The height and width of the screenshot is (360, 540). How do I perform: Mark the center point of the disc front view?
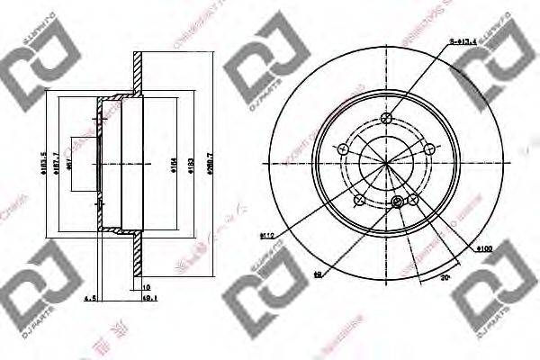click(387, 163)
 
